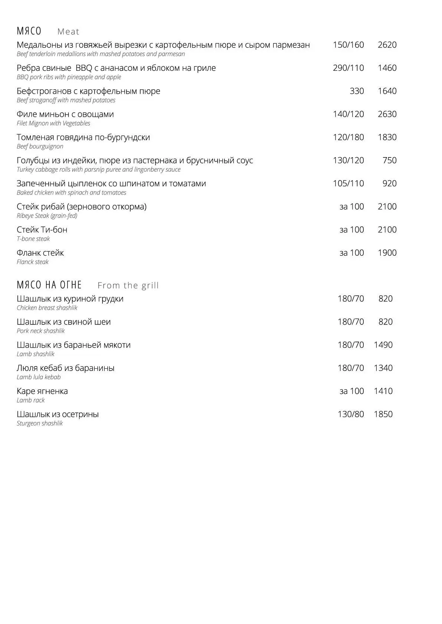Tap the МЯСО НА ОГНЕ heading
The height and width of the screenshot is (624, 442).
(x=49, y=285)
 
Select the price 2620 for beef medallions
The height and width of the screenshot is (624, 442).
(x=387, y=45)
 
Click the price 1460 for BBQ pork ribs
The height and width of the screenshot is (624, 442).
(x=387, y=68)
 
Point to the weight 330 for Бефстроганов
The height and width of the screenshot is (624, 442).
(x=357, y=91)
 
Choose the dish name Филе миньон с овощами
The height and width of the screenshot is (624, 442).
(x=65, y=114)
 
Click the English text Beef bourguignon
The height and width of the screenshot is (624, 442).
(x=40, y=146)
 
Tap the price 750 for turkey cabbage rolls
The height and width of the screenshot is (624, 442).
(x=389, y=160)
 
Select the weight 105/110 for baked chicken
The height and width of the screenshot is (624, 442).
(x=348, y=183)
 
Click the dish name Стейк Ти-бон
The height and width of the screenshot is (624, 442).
(x=42, y=230)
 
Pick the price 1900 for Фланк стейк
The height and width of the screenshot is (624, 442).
(x=387, y=253)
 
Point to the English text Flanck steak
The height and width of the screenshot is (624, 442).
(x=33, y=262)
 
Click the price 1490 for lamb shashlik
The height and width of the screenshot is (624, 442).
(x=383, y=345)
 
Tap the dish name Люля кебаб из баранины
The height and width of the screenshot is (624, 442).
(x=66, y=368)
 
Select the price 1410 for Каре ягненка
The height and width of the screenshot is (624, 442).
(x=383, y=391)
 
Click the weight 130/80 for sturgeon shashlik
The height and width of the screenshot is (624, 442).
(x=351, y=414)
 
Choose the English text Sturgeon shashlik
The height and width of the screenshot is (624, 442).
(x=40, y=423)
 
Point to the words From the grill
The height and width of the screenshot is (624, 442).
(x=128, y=285)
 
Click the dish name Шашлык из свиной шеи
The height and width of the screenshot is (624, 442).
(x=64, y=322)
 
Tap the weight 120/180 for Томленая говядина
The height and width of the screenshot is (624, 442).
(x=348, y=137)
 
